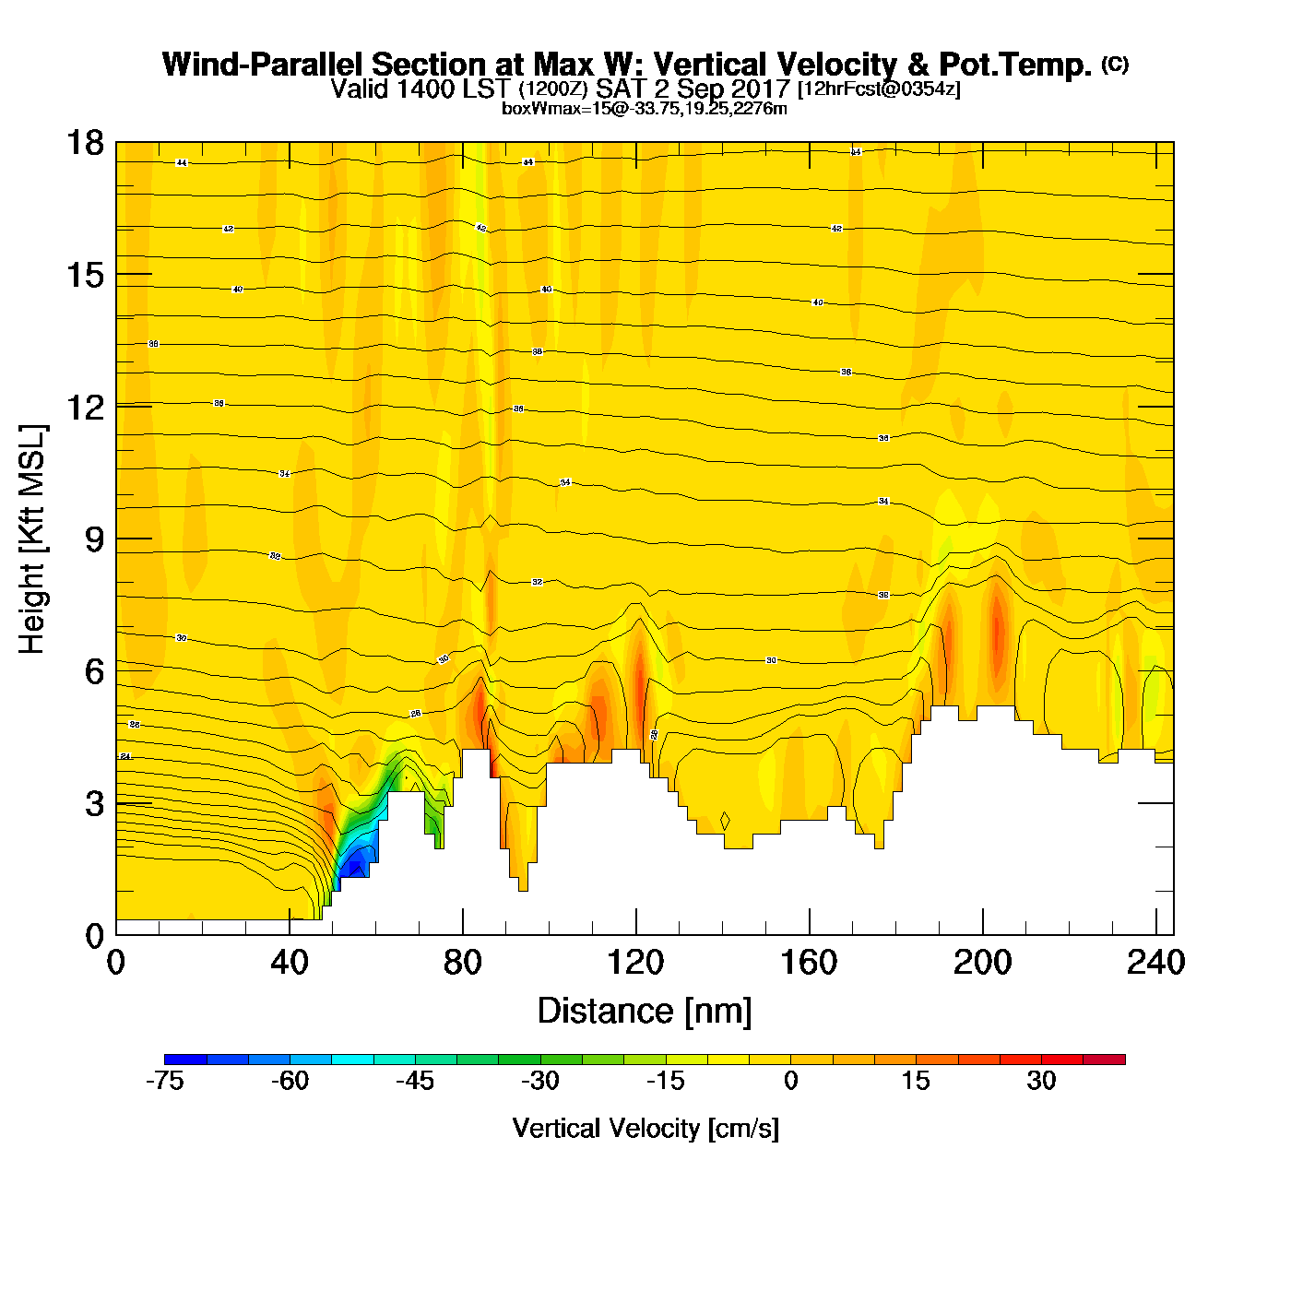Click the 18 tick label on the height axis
[x=84, y=143]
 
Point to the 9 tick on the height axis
[x=116, y=539]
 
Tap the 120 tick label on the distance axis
[x=635, y=963]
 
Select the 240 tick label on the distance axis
[x=1155, y=963]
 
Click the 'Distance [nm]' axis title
[x=645, y=1012]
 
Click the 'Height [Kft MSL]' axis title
[x=32, y=539]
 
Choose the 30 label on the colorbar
[x=1041, y=1082]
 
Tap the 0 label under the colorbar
[x=790, y=1082]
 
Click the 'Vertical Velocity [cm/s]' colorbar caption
[x=645, y=1129]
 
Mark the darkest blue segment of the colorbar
[x=185, y=1060]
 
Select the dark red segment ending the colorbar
[x=1104, y=1060]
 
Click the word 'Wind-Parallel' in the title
[x=262, y=65]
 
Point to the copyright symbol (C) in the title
[x=1114, y=64]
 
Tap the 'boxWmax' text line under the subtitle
[x=645, y=109]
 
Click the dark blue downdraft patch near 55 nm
[x=356, y=865]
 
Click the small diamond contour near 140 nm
[x=725, y=821]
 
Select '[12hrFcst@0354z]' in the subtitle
[x=878, y=89]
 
